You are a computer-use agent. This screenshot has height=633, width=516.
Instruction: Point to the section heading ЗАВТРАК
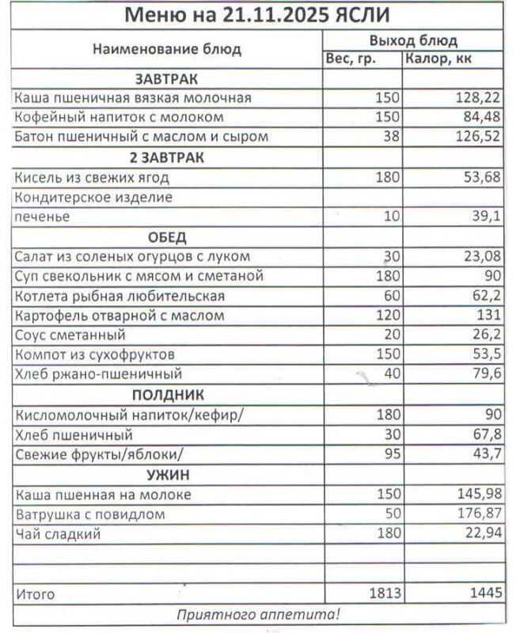[x=166, y=79]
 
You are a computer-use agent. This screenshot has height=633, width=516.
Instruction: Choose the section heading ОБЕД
[x=167, y=237]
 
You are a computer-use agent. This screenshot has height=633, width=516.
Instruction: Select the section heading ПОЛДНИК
[x=167, y=394]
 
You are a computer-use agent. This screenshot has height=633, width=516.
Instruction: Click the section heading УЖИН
[x=167, y=475]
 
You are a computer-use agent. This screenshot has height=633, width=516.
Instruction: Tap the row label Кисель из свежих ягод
[x=92, y=177]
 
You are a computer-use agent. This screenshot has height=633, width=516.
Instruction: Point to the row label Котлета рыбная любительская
[x=120, y=296]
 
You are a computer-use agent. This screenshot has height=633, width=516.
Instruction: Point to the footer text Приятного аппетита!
[x=258, y=612]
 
